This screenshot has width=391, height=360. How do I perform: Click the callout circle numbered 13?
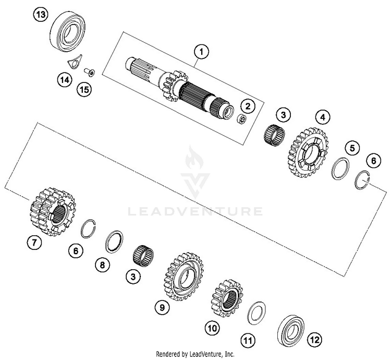(41, 15)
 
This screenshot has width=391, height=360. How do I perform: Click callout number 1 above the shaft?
(201, 52)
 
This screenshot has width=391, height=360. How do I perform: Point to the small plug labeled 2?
(241, 119)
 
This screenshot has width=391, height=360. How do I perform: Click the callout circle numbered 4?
(323, 117)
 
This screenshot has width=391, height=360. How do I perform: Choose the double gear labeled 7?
(53, 212)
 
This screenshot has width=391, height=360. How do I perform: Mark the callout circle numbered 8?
(103, 265)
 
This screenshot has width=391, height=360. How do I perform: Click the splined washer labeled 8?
(114, 241)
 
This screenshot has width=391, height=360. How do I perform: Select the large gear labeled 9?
(184, 276)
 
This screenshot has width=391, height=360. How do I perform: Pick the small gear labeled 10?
(227, 298)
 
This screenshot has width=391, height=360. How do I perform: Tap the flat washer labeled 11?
(257, 313)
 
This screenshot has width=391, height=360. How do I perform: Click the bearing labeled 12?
(291, 330)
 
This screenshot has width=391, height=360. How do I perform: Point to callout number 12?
(314, 339)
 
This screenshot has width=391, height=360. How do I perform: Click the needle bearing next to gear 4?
(274, 135)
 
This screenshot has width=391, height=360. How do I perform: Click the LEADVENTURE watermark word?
(195, 211)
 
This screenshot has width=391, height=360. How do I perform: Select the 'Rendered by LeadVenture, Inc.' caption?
(195, 354)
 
